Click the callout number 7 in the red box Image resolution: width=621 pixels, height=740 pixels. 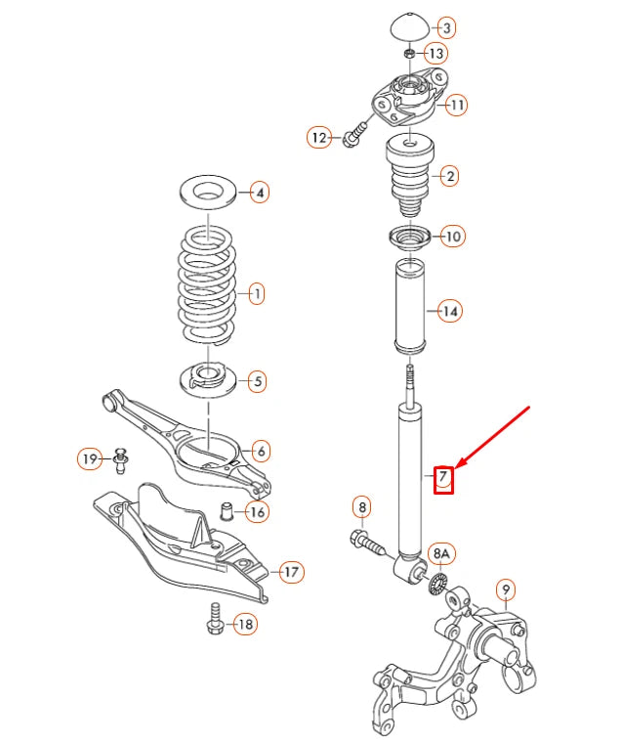tap(443, 477)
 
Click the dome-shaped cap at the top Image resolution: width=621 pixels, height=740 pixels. tap(408, 25)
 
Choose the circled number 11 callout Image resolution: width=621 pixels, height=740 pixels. tap(457, 104)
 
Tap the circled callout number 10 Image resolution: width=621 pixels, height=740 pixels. tap(453, 236)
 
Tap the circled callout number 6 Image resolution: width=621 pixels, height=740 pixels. tap(261, 451)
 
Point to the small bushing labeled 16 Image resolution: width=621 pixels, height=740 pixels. tap(228, 510)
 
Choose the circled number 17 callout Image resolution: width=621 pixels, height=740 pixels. tap(291, 572)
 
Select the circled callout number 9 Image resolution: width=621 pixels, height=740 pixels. tap(505, 589)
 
